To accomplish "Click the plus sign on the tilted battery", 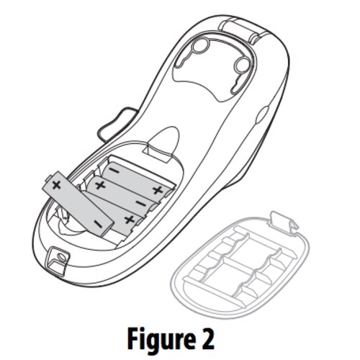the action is tap(57, 185).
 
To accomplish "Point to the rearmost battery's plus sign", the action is tap(158, 190).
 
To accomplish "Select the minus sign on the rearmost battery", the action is tap(114, 171).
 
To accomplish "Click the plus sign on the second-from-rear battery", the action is tap(100, 185).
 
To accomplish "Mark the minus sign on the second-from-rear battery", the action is tap(140, 204).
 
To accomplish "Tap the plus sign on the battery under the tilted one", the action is tap(130, 220).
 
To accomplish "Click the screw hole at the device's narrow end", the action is tap(61, 258).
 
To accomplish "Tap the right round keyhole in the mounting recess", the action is tap(242, 64).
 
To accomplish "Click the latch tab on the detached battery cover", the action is tap(283, 222).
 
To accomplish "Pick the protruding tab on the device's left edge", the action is tap(117, 124).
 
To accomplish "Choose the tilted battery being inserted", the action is tap(78, 204).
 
